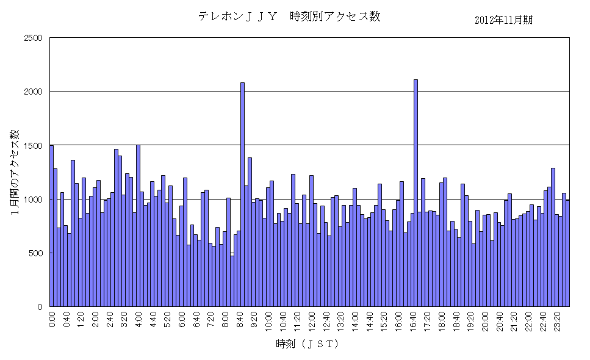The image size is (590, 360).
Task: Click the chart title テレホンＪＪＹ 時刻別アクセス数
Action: tap(289, 16)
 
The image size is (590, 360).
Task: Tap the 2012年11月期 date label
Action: tap(503, 20)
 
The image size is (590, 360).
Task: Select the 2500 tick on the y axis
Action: tap(32, 38)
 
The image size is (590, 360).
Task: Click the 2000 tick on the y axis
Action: tap(32, 92)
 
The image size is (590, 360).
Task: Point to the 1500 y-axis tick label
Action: tap(32, 145)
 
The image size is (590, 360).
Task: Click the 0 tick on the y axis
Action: tap(40, 307)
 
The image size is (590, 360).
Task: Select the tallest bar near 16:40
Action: tap(416, 193)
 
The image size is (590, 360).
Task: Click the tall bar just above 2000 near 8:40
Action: tap(242, 195)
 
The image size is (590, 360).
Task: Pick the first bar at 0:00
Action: tap(52, 226)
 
